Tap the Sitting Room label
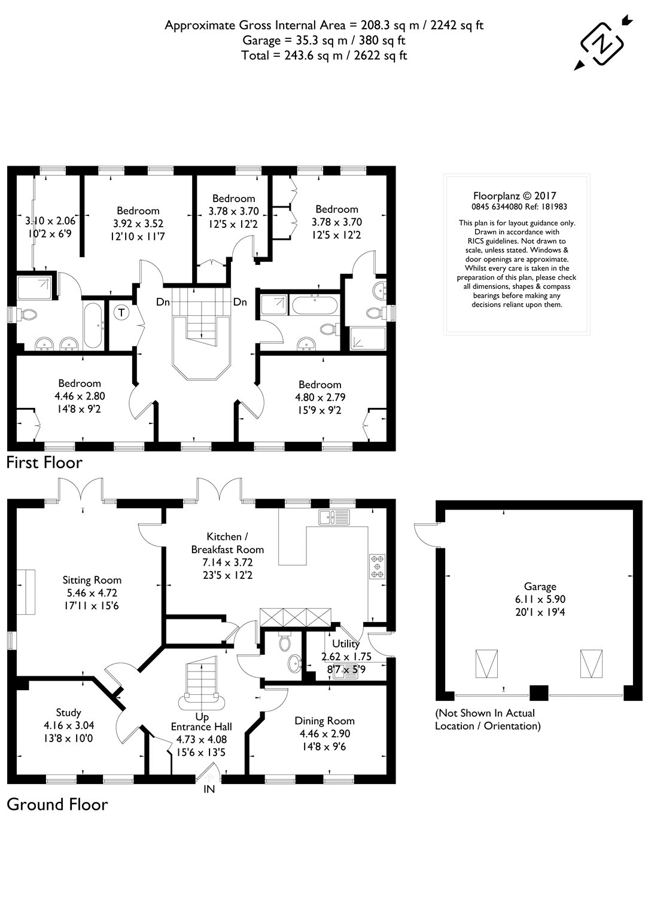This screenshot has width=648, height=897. coord(92,579)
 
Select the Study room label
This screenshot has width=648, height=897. coord(68,712)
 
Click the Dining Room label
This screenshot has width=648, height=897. coord(325,721)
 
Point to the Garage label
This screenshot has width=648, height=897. coord(540,587)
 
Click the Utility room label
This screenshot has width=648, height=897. coord(346,644)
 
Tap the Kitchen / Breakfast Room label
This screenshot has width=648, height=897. coord(227,543)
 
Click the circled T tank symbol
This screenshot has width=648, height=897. coord(121,312)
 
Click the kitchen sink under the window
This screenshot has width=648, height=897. coord(330,517)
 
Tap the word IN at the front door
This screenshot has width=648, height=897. coord(209,789)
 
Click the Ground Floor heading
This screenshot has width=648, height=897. coord(57,804)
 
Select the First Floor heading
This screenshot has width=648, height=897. coord(44,462)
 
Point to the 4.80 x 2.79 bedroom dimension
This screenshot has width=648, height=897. coord(320,396)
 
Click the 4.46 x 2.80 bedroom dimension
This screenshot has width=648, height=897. coord(80,395)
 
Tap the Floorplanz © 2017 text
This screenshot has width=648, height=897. coord(515,196)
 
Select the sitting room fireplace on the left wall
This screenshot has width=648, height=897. coord(26,593)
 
